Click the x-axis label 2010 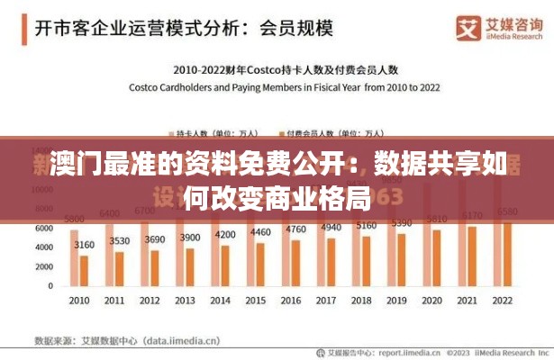tap(80, 300)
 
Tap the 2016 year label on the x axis tap(290, 300)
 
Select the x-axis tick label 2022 tap(501, 300)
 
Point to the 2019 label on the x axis tap(395, 300)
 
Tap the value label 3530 tap(119, 241)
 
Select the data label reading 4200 tap(224, 235)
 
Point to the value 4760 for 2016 tap(295, 229)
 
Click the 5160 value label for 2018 tap(365, 226)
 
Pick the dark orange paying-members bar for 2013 tap(189, 267)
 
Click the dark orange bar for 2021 tap(471, 256)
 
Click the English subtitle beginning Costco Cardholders tap(285, 87)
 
